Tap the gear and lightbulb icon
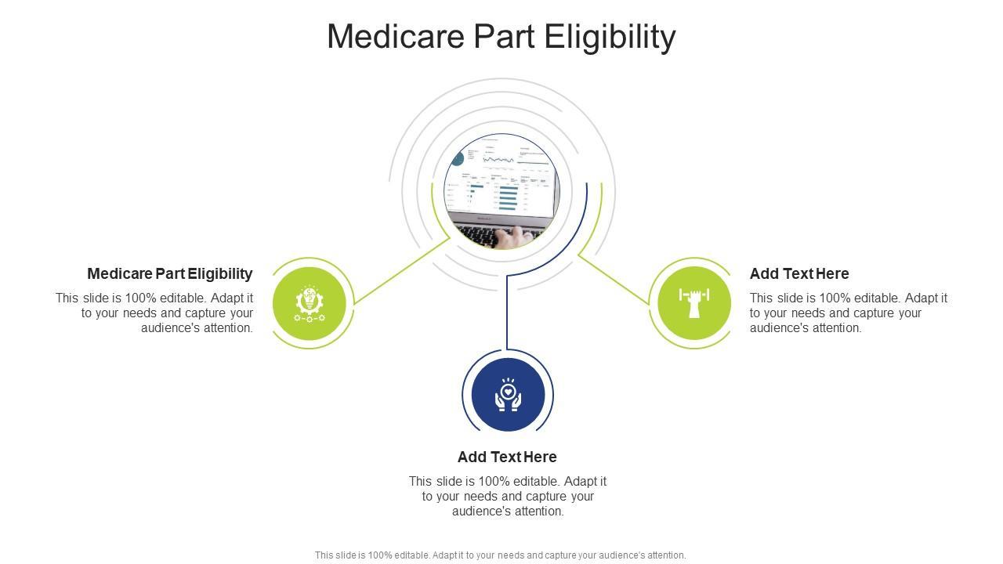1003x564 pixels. [310, 304]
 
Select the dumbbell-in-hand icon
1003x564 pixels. [694, 302]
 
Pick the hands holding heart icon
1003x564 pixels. [508, 395]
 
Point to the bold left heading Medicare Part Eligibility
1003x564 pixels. [170, 273]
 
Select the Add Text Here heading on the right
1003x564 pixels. [799, 273]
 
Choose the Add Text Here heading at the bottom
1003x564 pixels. [507, 457]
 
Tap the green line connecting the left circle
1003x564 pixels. [400, 272]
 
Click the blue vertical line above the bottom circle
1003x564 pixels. [507, 313]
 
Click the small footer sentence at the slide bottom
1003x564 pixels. [500, 555]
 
